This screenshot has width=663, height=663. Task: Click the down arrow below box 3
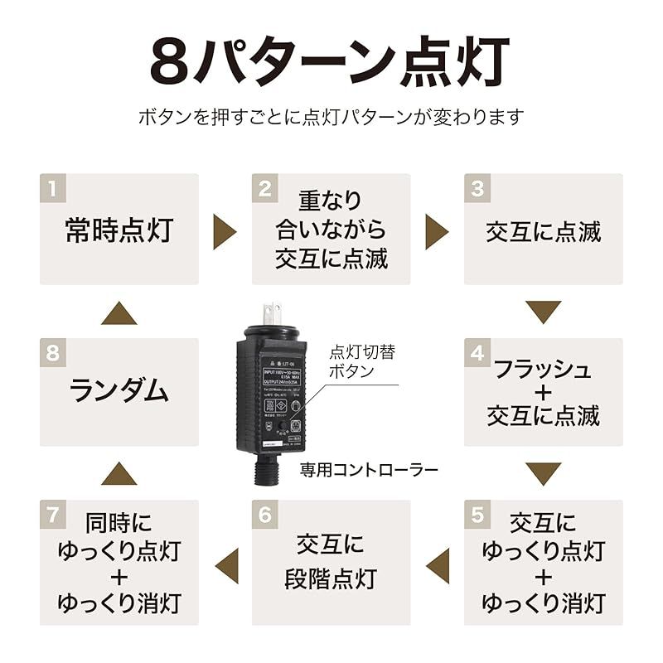pyautogui.click(x=544, y=312)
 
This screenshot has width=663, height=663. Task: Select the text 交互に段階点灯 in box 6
pyautogui.click(x=331, y=561)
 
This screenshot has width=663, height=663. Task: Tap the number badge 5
pyautogui.click(x=477, y=514)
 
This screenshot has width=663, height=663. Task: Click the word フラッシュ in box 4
pyautogui.click(x=543, y=370)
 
